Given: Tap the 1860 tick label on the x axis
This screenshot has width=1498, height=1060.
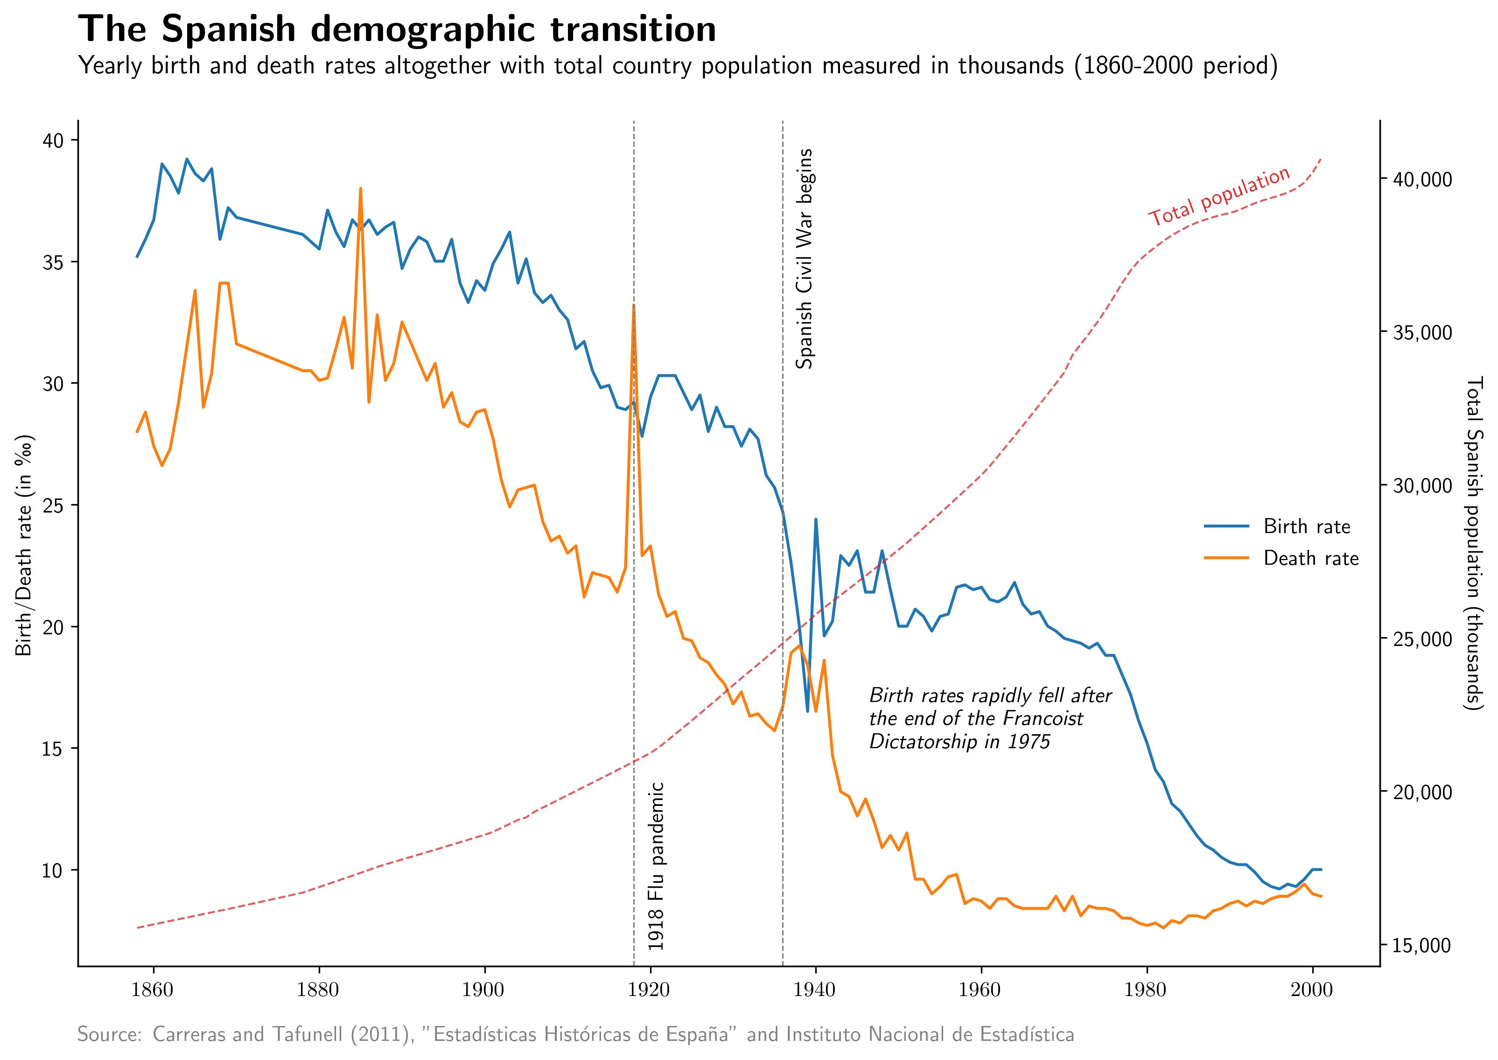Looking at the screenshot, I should [154, 990].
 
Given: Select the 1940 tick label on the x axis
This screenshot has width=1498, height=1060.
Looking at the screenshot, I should [815, 990].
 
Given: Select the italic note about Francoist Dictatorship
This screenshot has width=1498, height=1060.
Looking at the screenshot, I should [990, 719].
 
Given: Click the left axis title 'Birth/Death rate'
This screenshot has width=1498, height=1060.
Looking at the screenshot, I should [24, 544].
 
